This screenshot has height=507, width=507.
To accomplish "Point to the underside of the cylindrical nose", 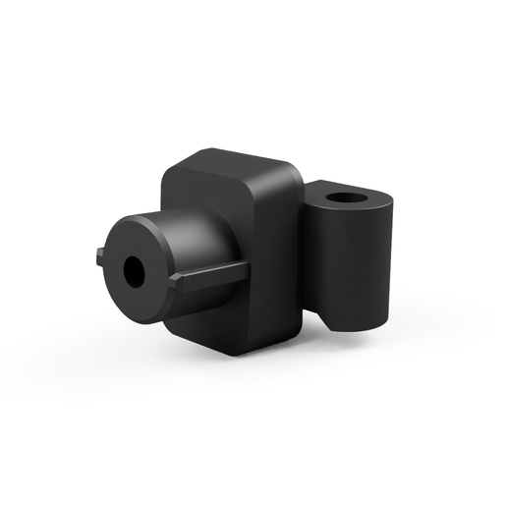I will [x=162, y=310].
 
